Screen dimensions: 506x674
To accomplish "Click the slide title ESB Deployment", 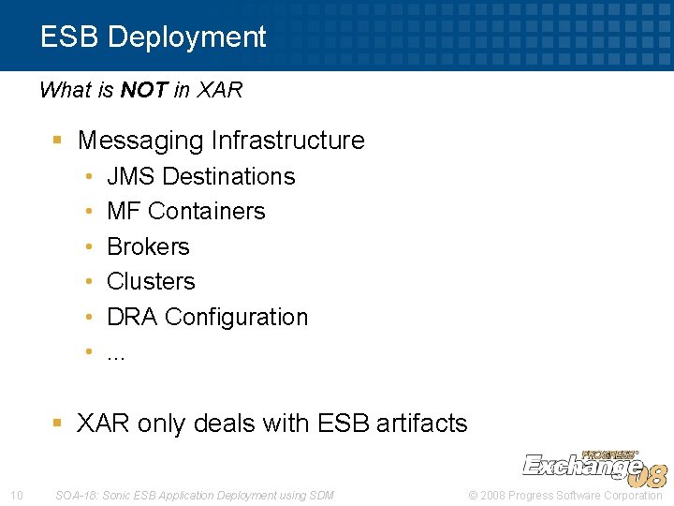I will pos(153,37).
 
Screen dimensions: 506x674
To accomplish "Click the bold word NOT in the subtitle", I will pos(144,91).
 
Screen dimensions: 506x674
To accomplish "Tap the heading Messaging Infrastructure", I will pos(221,141).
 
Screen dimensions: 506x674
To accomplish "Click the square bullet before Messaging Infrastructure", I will pos(57,141).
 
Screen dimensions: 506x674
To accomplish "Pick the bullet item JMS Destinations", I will pos(200,176).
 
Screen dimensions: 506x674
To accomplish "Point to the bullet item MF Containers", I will pos(185,211).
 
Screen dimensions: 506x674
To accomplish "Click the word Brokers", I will pos(148,246).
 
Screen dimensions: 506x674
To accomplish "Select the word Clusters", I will pos(151,281).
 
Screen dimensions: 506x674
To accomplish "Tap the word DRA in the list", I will pos(132,317).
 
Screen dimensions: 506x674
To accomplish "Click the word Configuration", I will pos(236,317).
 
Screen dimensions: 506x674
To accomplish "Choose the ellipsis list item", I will pos(116,352).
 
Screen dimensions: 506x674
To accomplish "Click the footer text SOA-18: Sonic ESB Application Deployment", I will pos(194,495).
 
